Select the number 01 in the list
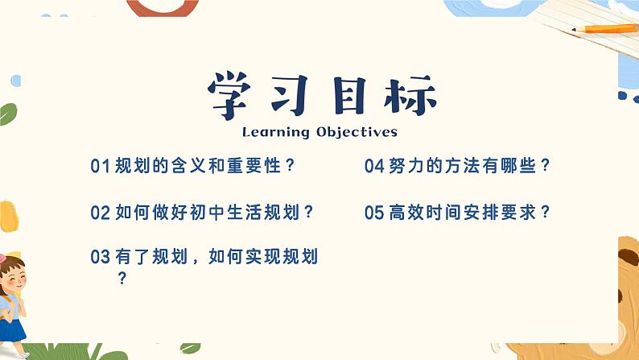point(100,167)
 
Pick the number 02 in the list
point(100,213)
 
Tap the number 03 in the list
point(100,258)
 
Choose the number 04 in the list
point(374,167)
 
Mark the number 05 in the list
point(374,213)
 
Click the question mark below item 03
point(122,279)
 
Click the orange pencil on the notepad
point(604,29)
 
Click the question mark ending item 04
point(546,167)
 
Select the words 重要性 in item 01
point(245,167)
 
